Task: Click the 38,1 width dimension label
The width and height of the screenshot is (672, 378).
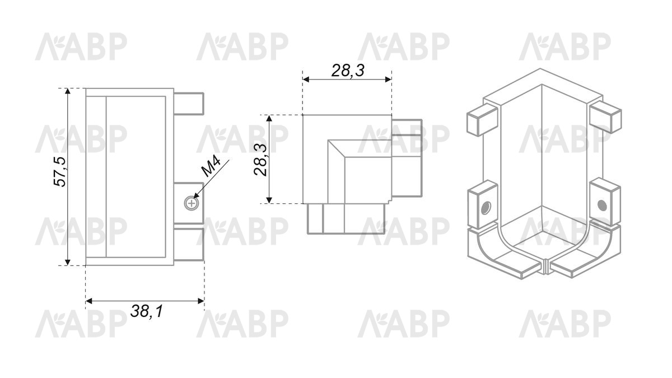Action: pos(147,311)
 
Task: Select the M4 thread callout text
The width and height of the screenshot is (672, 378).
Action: pos(211,166)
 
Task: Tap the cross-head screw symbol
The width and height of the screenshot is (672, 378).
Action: pos(191,204)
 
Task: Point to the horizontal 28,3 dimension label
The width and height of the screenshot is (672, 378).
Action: pos(348,71)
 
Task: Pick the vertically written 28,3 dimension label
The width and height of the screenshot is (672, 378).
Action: pos(260,160)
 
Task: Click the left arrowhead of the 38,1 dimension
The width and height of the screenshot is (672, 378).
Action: pos(89,301)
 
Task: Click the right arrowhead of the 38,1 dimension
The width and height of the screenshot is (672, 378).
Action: pos(201,301)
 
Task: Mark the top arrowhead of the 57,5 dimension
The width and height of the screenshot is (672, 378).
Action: pos(68,91)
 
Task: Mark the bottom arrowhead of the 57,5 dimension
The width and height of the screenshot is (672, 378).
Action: pos(68,262)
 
